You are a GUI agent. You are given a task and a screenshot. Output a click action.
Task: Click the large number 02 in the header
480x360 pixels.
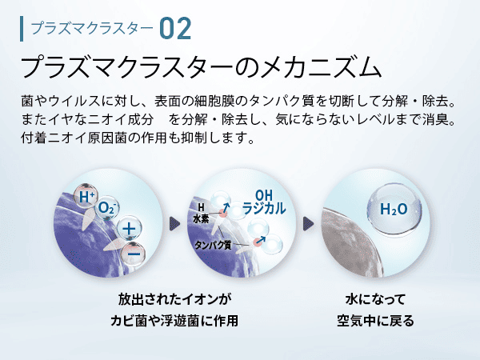click(175, 29)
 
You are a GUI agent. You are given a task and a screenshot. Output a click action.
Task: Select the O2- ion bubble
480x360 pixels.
click(106, 208)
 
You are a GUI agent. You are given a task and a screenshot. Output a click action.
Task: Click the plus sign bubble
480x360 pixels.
click(129, 229)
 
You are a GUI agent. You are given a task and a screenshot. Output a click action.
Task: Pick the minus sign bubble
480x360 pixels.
click(133, 254)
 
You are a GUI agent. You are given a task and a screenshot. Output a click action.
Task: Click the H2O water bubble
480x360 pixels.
click(394, 209)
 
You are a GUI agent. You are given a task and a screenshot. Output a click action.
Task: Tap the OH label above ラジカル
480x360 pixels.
click(263, 195)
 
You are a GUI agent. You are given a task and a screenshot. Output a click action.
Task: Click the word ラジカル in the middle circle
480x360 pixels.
click(264, 209)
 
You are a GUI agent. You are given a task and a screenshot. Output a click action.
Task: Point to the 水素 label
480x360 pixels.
click(201, 218)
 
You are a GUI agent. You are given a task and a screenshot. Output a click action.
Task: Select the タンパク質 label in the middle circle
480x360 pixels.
click(213, 246)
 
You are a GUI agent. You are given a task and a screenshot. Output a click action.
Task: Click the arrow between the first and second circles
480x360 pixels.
click(174, 224)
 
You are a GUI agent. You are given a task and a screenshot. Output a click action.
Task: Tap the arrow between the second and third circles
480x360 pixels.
click(308, 224)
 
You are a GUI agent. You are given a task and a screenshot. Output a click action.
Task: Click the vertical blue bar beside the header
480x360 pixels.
click(22, 29)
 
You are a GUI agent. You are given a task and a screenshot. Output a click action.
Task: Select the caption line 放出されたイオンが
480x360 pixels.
click(174, 299)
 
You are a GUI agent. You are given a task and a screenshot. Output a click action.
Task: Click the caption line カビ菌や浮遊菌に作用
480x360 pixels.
click(174, 321)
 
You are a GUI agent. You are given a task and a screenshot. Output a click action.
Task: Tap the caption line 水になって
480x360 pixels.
click(375, 299)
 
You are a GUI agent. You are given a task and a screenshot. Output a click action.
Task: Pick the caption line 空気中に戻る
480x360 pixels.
click(375, 321)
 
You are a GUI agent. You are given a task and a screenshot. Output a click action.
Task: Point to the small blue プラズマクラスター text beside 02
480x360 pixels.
click(92, 29)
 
